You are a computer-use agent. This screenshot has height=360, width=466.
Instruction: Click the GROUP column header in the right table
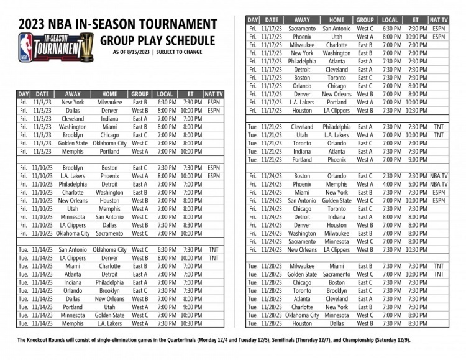click(365, 20)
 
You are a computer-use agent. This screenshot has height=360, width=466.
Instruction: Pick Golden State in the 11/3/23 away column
click(73, 142)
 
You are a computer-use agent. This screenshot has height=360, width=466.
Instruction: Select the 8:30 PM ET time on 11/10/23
click(193, 224)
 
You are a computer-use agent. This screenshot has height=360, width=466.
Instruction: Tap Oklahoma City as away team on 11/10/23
click(73, 233)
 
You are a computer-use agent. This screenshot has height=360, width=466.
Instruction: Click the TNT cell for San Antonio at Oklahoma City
click(213, 249)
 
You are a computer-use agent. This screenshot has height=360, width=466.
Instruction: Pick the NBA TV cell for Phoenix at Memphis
click(439, 184)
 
